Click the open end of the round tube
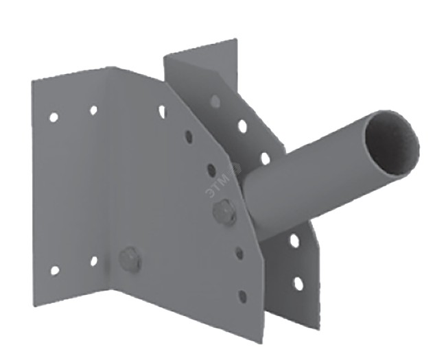(x=392, y=143)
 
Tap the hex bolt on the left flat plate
(x=130, y=260)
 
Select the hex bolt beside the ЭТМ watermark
(x=225, y=214)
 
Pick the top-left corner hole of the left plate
(x=54, y=117)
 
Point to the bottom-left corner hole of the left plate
(x=55, y=270)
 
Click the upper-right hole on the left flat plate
(x=93, y=110)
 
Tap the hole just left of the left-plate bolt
(x=94, y=261)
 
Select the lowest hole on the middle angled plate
(x=242, y=296)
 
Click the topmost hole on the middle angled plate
(x=162, y=111)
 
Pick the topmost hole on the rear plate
(x=215, y=101)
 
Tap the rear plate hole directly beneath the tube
(x=294, y=241)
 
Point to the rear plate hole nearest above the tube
(x=265, y=159)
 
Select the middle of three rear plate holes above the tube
(x=242, y=126)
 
